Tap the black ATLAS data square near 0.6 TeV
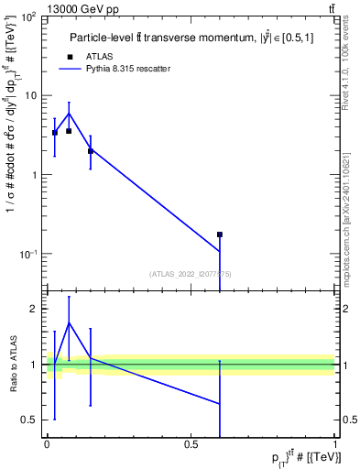[220, 234]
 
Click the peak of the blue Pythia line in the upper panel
[69, 114]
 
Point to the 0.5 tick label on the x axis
[191, 444]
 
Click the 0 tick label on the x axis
[47, 444]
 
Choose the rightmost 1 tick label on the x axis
[335, 444]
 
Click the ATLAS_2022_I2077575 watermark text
[191, 273]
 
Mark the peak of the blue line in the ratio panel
[69, 322]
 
